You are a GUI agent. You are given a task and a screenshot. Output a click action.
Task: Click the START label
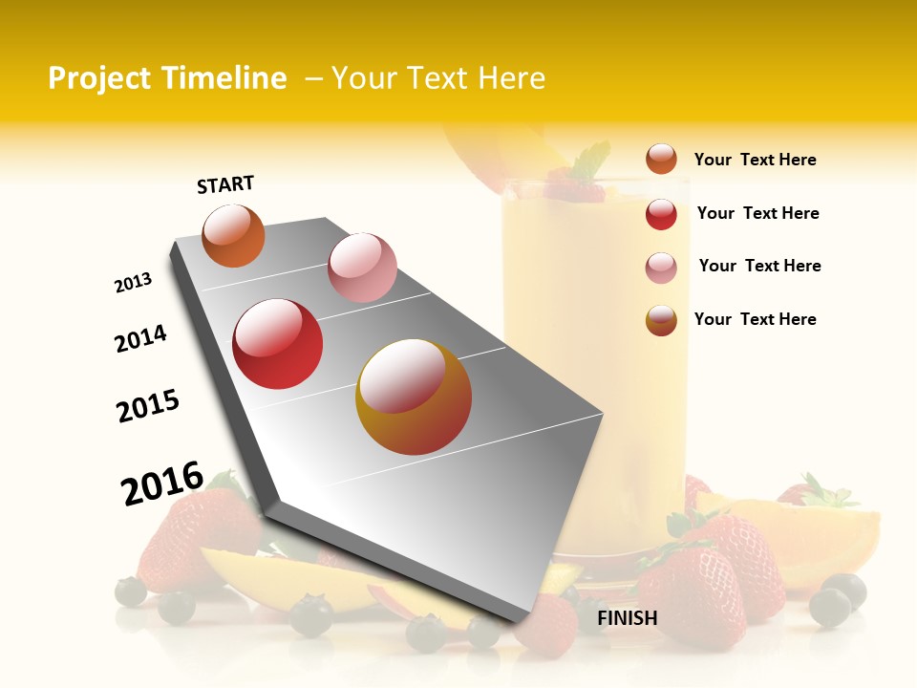[225, 184]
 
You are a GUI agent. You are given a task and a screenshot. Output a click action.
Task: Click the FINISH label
[627, 618]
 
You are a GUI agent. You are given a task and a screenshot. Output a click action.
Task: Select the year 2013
[133, 283]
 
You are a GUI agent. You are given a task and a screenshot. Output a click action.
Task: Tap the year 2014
[140, 338]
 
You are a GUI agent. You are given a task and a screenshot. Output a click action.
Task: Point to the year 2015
[148, 406]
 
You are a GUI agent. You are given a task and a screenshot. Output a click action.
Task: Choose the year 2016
[162, 484]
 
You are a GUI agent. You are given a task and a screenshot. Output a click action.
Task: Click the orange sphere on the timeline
[234, 236]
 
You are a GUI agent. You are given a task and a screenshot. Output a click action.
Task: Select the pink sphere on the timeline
[362, 268]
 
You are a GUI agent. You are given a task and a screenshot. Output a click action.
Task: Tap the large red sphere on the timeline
[278, 344]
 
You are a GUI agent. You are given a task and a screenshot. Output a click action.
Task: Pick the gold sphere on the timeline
[414, 397]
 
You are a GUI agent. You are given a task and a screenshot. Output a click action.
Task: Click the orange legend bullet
[661, 159]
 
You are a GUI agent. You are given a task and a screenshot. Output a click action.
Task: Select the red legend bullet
[661, 214]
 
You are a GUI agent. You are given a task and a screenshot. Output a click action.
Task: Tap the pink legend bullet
[661, 268]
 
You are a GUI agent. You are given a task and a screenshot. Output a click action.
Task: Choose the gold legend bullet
[661, 320]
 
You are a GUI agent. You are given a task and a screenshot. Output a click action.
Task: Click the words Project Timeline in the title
[167, 78]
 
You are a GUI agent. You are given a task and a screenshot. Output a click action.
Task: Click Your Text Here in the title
[438, 78]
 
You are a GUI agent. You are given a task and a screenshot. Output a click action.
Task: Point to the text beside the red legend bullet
[757, 213]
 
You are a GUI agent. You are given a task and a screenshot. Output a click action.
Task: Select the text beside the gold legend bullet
[755, 319]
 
